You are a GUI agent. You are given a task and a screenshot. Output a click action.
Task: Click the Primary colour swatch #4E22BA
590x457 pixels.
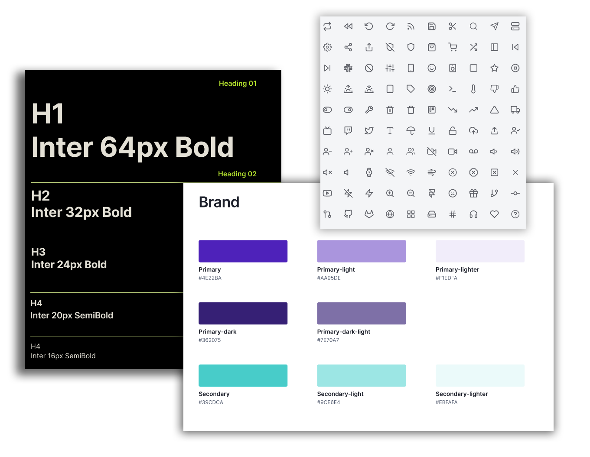pos(243,251)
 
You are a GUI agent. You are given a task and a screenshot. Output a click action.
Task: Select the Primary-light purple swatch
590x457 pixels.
pos(362,251)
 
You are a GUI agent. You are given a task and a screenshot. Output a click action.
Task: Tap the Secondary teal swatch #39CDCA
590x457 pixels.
pos(243,376)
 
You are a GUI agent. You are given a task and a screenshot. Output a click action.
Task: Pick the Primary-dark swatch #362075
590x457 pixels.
pos(243,313)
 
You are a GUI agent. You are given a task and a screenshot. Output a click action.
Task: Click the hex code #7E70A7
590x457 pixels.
pos(328,340)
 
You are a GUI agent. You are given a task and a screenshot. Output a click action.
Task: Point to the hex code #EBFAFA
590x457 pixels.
pos(447,402)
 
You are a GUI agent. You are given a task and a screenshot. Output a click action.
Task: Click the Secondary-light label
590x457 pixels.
pos(340,394)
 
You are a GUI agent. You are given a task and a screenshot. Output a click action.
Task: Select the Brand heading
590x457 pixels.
pos(219,202)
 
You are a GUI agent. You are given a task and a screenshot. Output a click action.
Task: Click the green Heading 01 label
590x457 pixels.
pos(238,83)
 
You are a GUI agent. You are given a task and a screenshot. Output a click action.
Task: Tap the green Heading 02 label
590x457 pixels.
pos(237,174)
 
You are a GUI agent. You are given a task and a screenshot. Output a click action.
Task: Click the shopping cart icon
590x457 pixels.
pos(452,47)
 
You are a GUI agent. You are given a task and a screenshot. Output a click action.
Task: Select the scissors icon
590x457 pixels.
pos(452,26)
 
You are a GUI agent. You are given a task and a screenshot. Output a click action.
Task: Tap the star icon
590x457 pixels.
pos(494,68)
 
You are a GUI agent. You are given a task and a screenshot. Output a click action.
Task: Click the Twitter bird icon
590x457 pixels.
pos(369,131)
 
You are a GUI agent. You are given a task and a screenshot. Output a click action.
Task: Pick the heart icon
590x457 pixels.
pos(494,214)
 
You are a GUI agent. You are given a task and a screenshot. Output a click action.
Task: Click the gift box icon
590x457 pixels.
pos(473,193)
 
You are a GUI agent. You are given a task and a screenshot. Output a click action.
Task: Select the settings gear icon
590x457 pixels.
pos(327,47)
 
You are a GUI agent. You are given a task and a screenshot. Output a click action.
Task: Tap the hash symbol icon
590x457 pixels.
pos(452,214)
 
